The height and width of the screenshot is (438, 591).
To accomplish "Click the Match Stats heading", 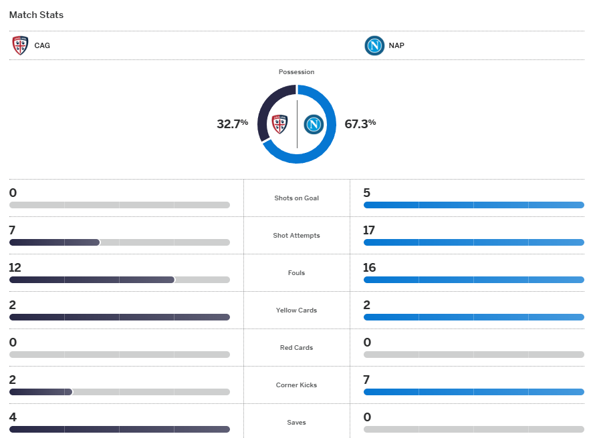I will point(36,15).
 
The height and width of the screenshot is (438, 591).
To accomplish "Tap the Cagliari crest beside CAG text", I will point(20,45).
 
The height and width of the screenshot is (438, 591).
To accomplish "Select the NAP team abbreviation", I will point(396,46).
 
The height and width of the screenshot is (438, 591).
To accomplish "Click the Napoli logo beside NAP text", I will point(374,45).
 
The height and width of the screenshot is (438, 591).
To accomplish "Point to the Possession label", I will point(296,71).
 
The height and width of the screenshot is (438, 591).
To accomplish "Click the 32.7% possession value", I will point(232,124).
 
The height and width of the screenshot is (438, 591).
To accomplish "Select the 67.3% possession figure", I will point(360,124).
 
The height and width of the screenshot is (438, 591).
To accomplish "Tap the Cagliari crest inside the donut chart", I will point(279,124).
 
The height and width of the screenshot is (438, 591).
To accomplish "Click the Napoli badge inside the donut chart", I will point(314,124).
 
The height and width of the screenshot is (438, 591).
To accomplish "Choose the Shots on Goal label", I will point(296,198).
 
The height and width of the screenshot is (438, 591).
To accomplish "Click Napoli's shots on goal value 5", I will point(367,193).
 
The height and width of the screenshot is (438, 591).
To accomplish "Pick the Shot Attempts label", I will point(296,236).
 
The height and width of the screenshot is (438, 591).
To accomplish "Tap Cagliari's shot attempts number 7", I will point(13,230).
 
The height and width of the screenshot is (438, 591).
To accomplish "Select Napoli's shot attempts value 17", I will point(369,230).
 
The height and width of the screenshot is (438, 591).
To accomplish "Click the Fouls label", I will point(296,273).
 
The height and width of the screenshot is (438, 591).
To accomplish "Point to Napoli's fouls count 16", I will point(369,268).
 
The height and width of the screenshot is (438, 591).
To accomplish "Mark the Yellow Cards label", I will point(296,310).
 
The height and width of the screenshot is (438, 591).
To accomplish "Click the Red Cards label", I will point(296,348).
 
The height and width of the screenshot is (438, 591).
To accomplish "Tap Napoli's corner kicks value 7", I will point(367,380).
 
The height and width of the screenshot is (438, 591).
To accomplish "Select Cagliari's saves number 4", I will point(13,417).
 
